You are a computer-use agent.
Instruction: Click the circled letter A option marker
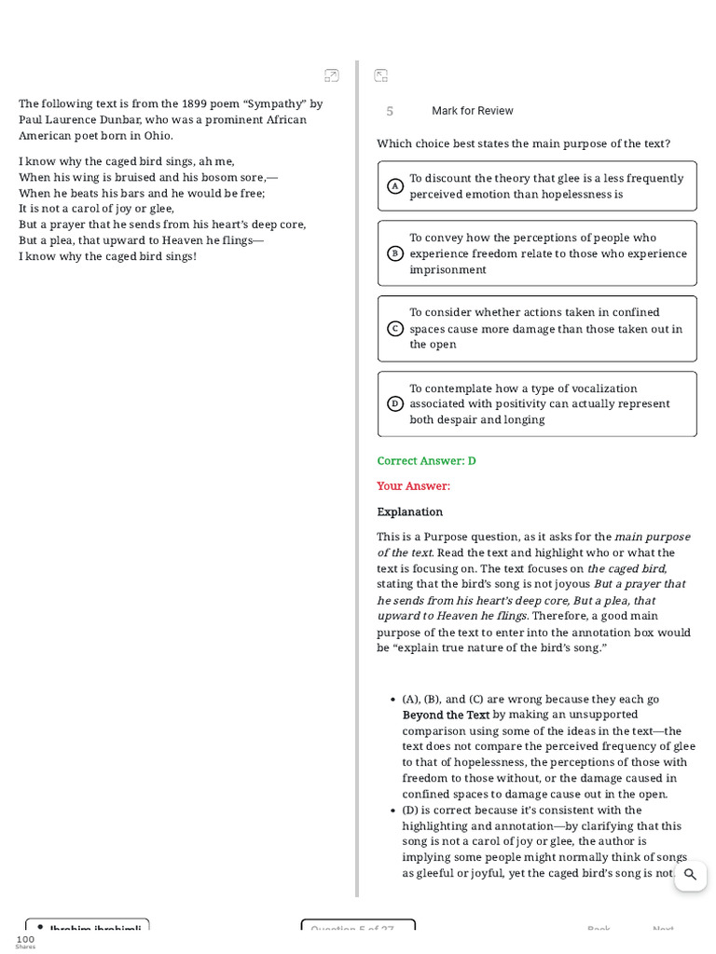pyautogui.click(x=395, y=186)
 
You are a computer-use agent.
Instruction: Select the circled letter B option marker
pyautogui.click(x=395, y=253)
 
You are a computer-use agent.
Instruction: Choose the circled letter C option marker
pyautogui.click(x=395, y=329)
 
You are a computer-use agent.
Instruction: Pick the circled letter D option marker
pyautogui.click(x=395, y=403)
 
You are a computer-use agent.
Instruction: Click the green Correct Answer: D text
pyautogui.click(x=426, y=461)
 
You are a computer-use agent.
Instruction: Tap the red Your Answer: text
pyautogui.click(x=413, y=486)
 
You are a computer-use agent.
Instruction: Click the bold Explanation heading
pyautogui.click(x=409, y=512)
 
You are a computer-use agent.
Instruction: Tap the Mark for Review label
pyautogui.click(x=472, y=111)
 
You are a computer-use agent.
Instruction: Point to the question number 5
pyautogui.click(x=390, y=112)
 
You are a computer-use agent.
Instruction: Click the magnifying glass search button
pyautogui.click(x=690, y=875)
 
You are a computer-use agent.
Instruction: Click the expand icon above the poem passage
pyautogui.click(x=332, y=75)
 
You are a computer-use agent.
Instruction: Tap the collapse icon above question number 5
pyautogui.click(x=380, y=75)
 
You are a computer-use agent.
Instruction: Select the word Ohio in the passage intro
pyautogui.click(x=158, y=136)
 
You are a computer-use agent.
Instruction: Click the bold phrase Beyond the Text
pyautogui.click(x=446, y=715)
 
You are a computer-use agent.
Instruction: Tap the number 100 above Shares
pyautogui.click(x=25, y=939)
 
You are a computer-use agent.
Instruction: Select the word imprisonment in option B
pyautogui.click(x=447, y=270)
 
